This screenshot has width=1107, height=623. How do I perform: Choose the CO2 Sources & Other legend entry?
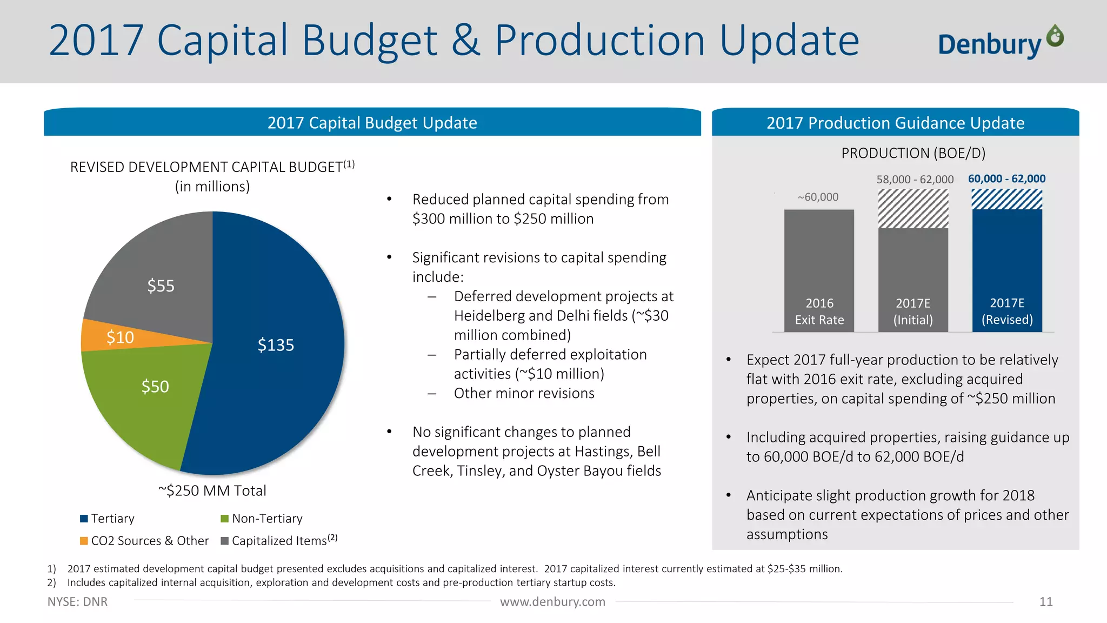(x=144, y=541)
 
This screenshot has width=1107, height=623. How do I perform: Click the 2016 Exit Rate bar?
(x=819, y=260)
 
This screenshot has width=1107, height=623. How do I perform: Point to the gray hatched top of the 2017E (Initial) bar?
(x=913, y=209)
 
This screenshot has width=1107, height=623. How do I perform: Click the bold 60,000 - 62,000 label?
(x=1006, y=179)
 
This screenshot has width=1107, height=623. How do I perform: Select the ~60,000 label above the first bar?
(x=818, y=197)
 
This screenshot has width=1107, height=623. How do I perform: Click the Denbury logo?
(x=1000, y=42)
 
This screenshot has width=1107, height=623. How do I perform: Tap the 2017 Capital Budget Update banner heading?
(x=372, y=123)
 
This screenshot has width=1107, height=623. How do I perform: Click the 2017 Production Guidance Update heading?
(x=895, y=123)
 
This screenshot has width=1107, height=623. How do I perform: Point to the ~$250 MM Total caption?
(x=212, y=491)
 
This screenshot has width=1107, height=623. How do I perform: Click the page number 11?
(x=1045, y=602)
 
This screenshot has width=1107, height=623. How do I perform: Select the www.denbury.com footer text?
(x=552, y=602)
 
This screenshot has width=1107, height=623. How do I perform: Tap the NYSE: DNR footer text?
(x=77, y=602)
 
